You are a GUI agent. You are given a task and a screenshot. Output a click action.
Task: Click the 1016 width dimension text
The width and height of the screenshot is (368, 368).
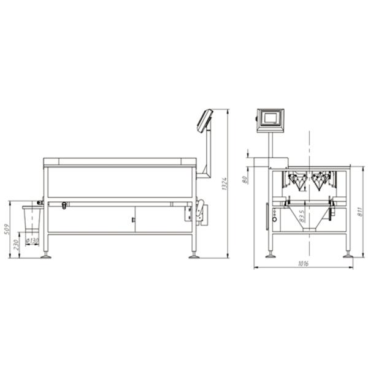point(302,264)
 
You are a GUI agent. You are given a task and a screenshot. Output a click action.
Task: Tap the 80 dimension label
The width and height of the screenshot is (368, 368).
point(245,179)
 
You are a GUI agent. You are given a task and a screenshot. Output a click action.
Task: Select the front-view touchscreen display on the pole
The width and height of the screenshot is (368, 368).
point(270,119)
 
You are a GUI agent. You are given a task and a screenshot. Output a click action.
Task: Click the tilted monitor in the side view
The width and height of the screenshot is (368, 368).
point(205,120)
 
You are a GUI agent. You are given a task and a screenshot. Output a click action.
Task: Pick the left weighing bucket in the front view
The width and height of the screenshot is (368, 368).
point(298,180)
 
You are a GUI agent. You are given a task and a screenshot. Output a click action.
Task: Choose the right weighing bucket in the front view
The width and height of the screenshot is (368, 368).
point(320,180)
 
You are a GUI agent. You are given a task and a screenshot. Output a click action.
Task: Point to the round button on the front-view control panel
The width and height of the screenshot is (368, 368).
point(274,218)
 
